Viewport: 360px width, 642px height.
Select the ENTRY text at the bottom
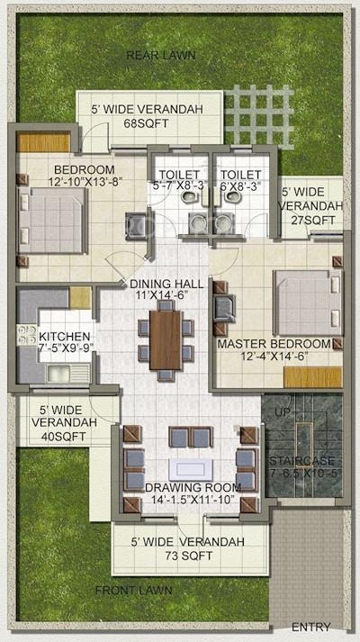311,628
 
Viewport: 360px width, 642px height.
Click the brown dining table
165,339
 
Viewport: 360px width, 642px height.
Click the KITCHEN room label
64,337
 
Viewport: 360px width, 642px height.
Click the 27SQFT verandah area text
310,220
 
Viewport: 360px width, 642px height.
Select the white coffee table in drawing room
188,468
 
